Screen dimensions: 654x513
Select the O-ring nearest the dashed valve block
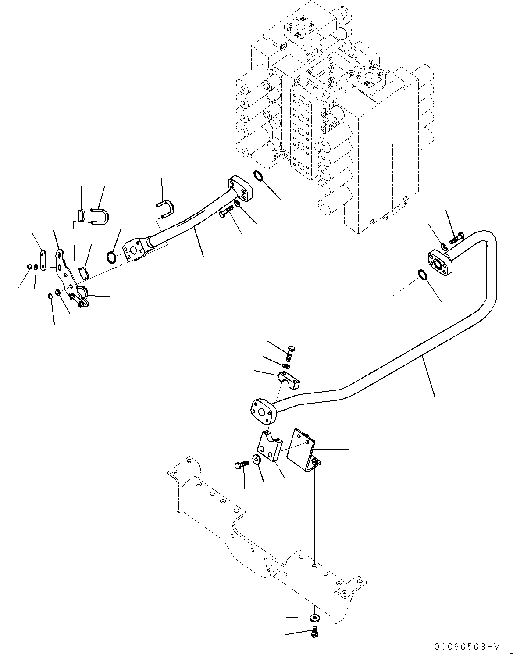(258, 177)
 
